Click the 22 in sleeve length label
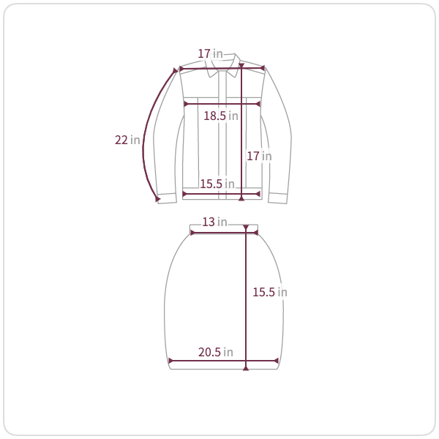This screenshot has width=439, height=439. pyautogui.click(x=127, y=140)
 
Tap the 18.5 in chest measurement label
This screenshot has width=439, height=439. pyautogui.click(x=221, y=116)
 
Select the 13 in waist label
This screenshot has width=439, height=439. pyautogui.click(x=214, y=222)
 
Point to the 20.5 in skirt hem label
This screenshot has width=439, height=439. pyautogui.click(x=216, y=352)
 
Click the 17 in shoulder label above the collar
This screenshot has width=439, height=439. pyautogui.click(x=210, y=53)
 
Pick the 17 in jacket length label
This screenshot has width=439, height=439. pyautogui.click(x=259, y=156)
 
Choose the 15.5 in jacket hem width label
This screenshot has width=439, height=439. pyautogui.click(x=217, y=184)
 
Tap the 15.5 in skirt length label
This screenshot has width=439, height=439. pyautogui.click(x=270, y=292)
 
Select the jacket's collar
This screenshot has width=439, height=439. pyautogui.click(x=223, y=66)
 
